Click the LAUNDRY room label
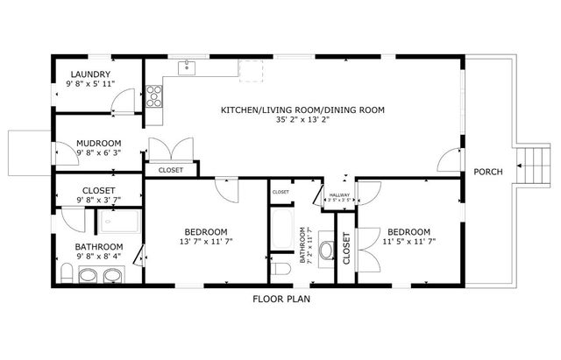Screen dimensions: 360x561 click(91, 74)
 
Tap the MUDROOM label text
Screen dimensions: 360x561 click(99, 142)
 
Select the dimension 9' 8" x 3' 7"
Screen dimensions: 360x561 click(99, 201)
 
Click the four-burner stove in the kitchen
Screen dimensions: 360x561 click(154, 95)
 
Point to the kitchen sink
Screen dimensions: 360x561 click(186, 66)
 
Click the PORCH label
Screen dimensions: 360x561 click(488, 172)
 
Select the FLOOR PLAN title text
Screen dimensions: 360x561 click(281, 299)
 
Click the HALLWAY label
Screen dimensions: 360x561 click(338, 194)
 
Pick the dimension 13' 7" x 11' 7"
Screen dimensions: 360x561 click(207, 241)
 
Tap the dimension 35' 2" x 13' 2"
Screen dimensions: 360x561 click(303, 121)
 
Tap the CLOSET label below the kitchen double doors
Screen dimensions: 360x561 click(171, 170)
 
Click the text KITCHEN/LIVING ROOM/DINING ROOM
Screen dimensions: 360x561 click(303, 109)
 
